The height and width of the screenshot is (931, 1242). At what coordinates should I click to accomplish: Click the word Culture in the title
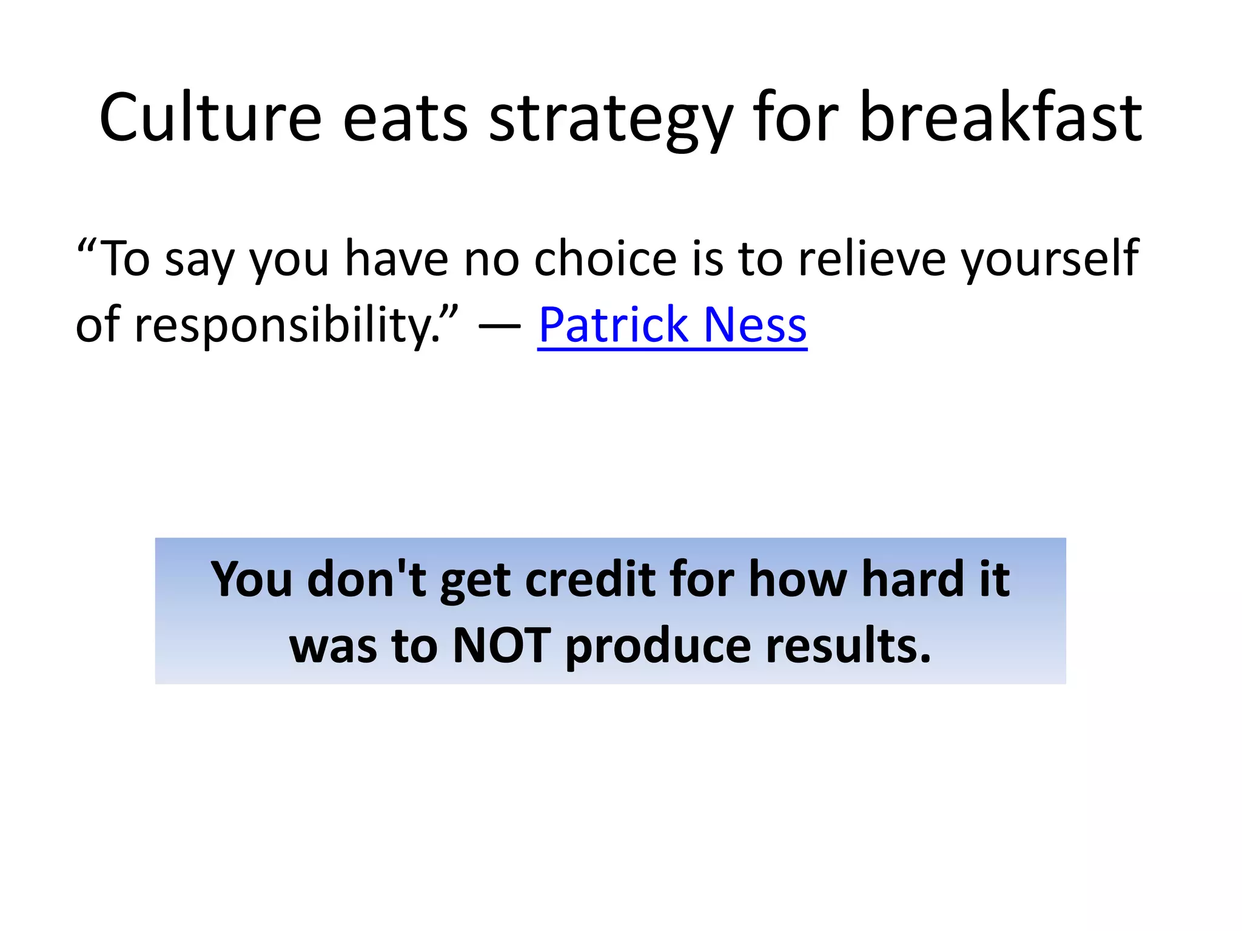click(x=210, y=118)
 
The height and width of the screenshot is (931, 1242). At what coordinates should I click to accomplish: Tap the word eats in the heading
click(x=405, y=118)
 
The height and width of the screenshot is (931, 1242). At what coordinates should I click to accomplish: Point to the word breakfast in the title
click(x=1001, y=118)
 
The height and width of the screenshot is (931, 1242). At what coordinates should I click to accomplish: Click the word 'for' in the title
click(x=796, y=118)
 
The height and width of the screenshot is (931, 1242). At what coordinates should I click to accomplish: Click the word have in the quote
click(x=397, y=258)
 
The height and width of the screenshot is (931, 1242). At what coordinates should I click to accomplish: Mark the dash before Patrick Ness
click(x=499, y=326)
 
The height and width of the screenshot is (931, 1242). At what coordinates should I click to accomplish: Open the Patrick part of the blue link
click(x=613, y=325)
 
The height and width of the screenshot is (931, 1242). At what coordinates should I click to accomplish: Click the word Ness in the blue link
click(x=756, y=325)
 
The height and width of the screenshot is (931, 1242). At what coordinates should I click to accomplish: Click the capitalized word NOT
click(x=502, y=646)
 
